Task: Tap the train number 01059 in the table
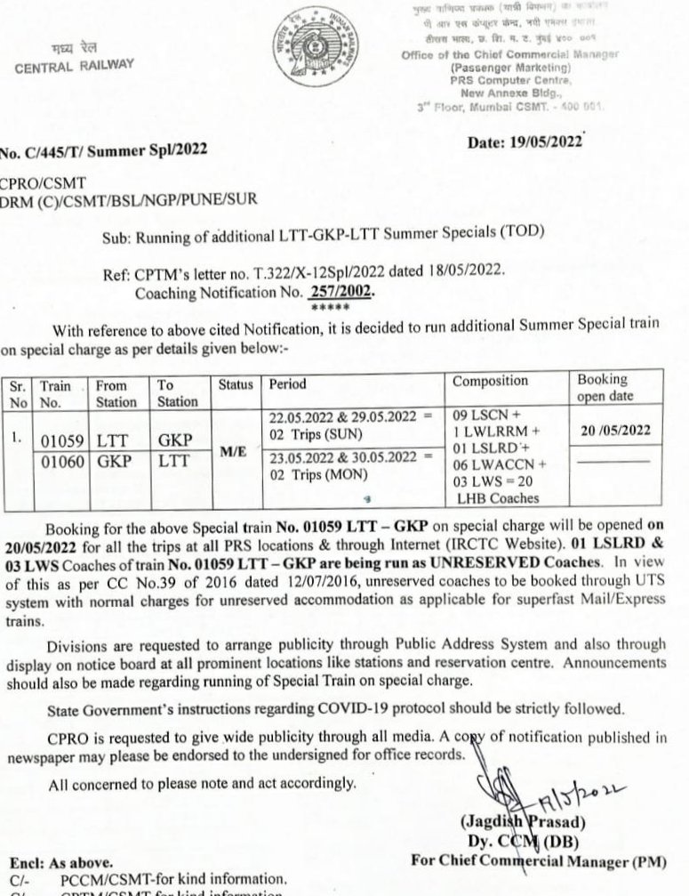coord(63,440)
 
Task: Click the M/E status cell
coord(234,451)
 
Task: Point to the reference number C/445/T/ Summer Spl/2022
coord(103,150)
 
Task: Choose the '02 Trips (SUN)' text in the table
coord(308,435)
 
